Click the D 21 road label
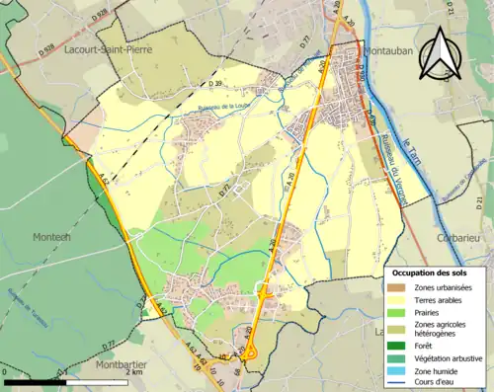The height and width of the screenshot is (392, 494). [481, 201]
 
